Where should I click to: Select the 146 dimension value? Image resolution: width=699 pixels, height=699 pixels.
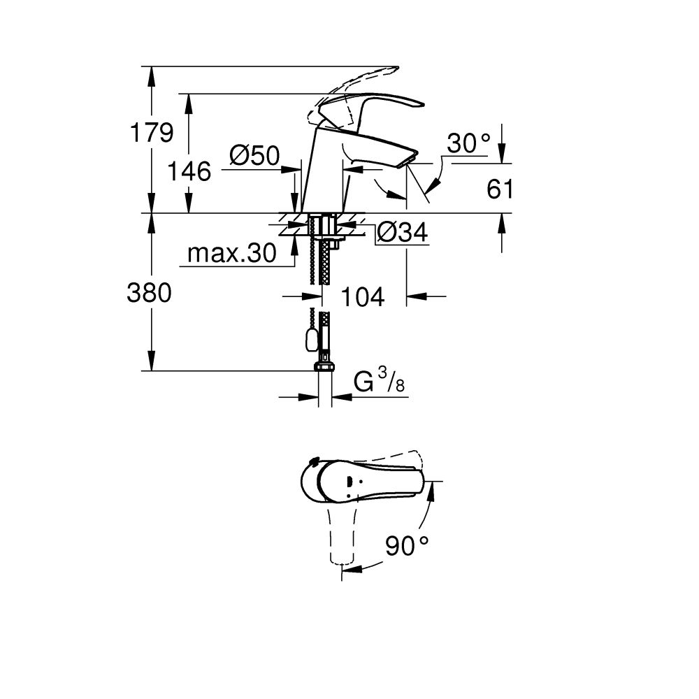[x=189, y=171]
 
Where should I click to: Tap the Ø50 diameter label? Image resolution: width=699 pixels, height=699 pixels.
[x=254, y=154]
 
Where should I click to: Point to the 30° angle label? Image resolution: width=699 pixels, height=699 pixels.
[x=468, y=143]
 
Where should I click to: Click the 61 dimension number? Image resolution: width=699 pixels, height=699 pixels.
[x=500, y=189]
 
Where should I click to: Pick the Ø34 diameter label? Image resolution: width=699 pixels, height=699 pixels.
[x=402, y=233]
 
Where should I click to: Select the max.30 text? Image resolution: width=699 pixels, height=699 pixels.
[x=232, y=254]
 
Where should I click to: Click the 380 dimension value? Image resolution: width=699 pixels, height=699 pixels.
[x=149, y=294]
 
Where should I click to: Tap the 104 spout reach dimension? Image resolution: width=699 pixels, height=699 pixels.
[x=362, y=297]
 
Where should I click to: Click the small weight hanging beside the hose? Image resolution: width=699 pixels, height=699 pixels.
[x=308, y=340]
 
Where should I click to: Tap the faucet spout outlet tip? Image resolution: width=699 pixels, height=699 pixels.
[x=407, y=162]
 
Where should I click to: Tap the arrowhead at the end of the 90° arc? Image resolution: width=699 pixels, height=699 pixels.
[x=353, y=570]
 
